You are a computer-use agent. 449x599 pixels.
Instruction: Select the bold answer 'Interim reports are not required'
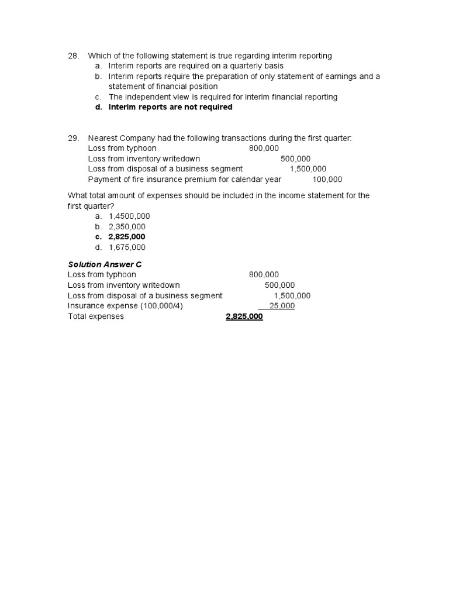170,107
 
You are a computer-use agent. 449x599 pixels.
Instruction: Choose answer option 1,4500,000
129,216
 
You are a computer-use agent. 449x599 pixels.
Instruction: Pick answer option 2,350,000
127,226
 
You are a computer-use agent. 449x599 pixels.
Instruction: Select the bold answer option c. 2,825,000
126,237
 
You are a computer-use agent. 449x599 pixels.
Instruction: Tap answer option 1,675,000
127,247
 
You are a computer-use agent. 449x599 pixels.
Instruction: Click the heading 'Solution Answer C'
105,264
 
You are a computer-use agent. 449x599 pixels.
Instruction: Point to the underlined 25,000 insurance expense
281,306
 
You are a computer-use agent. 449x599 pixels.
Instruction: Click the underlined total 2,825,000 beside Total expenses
244,316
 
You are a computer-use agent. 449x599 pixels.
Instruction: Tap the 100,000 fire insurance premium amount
327,180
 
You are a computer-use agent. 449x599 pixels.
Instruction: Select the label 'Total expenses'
96,316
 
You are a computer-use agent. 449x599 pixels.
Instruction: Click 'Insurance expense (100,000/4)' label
125,306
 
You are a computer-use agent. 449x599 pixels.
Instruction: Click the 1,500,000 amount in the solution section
292,295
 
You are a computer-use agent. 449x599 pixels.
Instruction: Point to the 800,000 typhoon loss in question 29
264,149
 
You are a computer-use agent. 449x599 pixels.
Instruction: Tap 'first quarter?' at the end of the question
91,205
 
